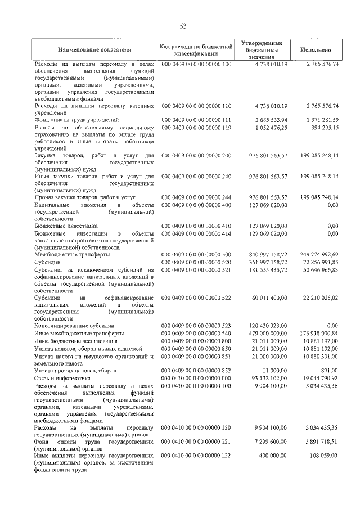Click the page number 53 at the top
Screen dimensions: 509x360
coord(183,26)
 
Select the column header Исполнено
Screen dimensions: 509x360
coord(319,50)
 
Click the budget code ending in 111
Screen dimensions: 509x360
coord(196,120)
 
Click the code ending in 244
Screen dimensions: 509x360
coord(196,197)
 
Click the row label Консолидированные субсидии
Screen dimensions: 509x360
coord(74,326)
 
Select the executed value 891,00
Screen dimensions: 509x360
coord(329,371)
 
